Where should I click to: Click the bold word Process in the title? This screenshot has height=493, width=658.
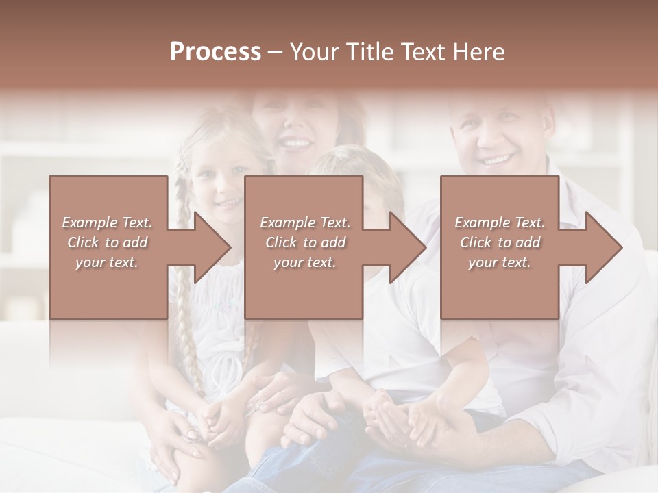click(x=215, y=52)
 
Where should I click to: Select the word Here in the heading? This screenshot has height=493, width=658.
click(x=479, y=52)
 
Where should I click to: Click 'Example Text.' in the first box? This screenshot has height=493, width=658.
click(x=107, y=223)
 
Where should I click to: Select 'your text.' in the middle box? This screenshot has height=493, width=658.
click(x=304, y=262)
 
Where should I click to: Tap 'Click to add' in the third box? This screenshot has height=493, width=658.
click(x=500, y=242)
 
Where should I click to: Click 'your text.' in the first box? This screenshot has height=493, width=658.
click(x=107, y=262)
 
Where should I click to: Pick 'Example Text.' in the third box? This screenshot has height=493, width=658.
click(x=500, y=223)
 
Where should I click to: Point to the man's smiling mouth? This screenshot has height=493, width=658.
click(x=496, y=161)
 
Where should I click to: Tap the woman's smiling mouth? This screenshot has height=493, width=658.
click(x=297, y=144)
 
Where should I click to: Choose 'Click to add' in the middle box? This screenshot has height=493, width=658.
click(x=304, y=242)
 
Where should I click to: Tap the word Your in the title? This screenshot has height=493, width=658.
click(x=315, y=52)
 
